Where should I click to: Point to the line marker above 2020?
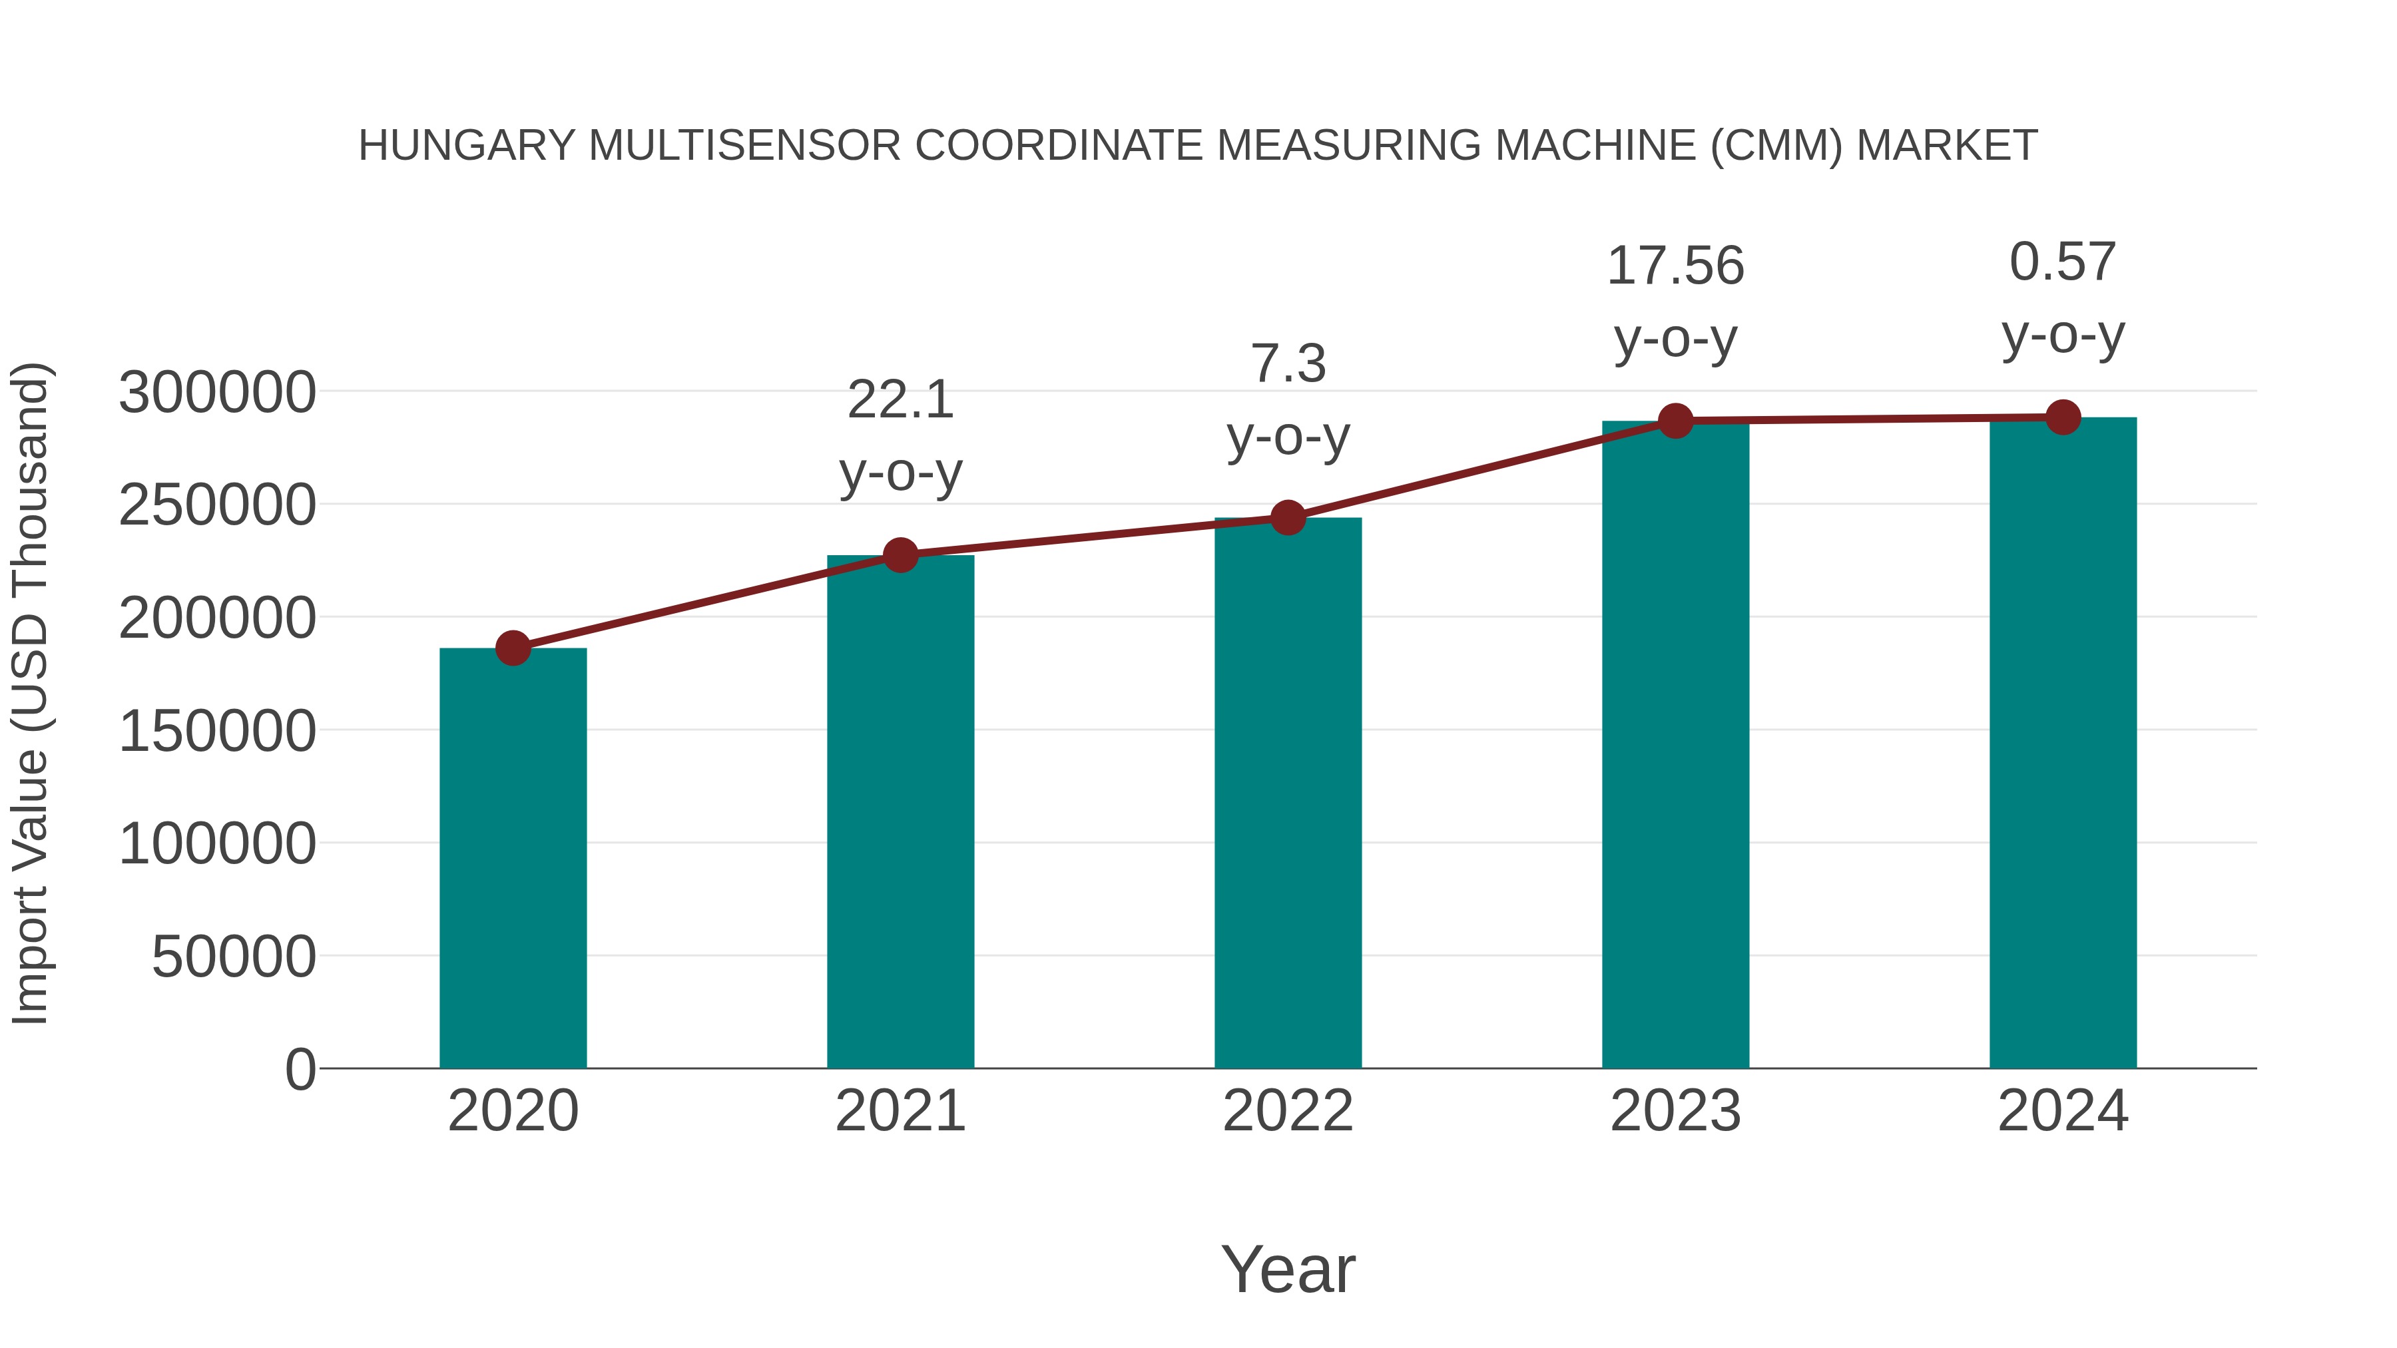pyautogui.click(x=513, y=648)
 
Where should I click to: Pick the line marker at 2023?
pyautogui.click(x=1676, y=421)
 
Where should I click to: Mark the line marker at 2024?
pyautogui.click(x=2063, y=417)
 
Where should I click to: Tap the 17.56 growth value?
pyautogui.click(x=1676, y=266)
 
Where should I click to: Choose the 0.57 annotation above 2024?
pyautogui.click(x=2063, y=262)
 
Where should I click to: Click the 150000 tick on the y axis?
pyautogui.click(x=217, y=730)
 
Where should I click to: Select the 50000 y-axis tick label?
pyautogui.click(x=234, y=957)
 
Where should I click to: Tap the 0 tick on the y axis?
pyautogui.click(x=300, y=1069)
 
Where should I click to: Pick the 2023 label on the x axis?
pyautogui.click(x=1676, y=1111)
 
